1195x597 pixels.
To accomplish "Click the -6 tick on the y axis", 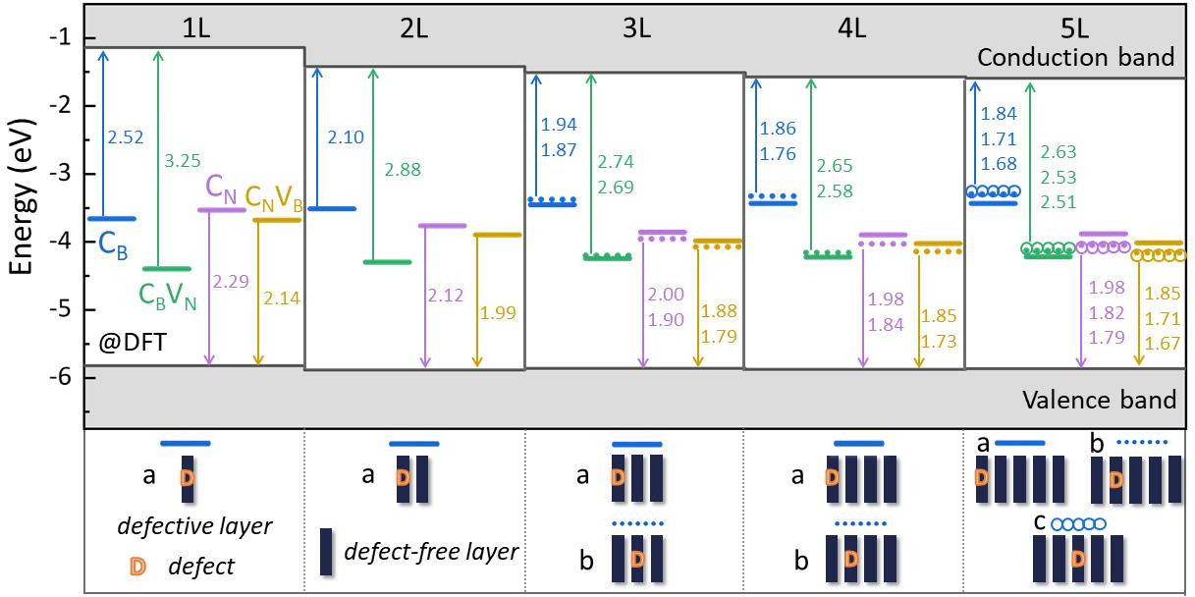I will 62,378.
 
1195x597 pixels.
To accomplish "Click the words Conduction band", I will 1076,58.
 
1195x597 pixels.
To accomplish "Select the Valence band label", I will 1099,400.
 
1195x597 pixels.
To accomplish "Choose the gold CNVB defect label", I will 274,200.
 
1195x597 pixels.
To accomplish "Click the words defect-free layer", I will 430,552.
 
